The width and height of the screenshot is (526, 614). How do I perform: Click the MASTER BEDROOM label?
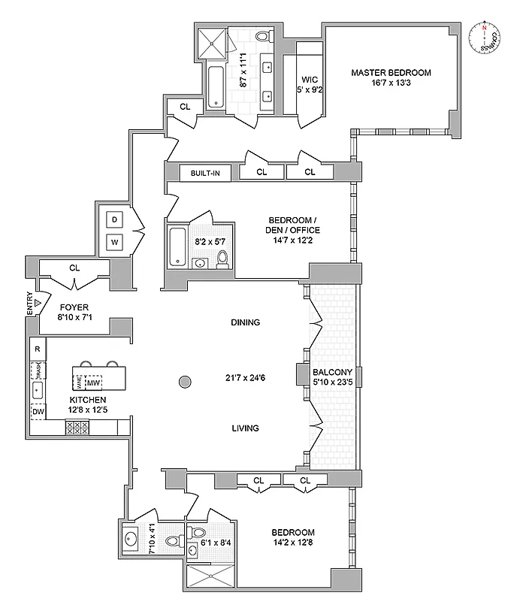tap(391, 72)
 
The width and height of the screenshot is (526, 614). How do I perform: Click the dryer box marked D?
tap(114, 219)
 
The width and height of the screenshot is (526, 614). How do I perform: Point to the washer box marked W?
tap(114, 242)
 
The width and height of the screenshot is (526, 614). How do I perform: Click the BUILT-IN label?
tap(204, 173)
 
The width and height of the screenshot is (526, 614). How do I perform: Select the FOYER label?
tap(74, 307)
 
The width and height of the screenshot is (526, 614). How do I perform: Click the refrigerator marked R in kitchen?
tap(37, 349)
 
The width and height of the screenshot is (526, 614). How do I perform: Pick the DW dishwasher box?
tap(38, 411)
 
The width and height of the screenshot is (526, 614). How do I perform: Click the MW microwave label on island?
tap(94, 381)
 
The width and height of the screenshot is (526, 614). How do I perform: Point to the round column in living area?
tap(186, 383)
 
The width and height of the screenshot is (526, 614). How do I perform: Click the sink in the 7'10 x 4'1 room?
tap(132, 538)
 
